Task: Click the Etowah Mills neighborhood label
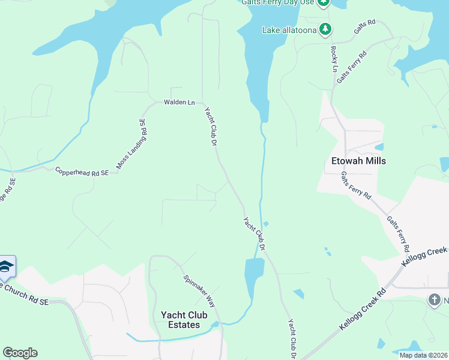(358, 161)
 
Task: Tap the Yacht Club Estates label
(184, 320)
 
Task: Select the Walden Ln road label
(179, 103)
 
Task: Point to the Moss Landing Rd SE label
(131, 144)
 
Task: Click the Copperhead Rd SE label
(82, 172)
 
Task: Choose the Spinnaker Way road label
(199, 291)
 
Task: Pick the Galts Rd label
(364, 29)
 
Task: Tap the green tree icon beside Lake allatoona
(325, 29)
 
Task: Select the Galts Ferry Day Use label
(277, 2)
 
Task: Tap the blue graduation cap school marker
(5, 267)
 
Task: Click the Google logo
(20, 353)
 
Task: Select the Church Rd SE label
(24, 295)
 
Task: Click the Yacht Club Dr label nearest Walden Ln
(210, 126)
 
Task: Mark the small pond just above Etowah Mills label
(378, 146)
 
